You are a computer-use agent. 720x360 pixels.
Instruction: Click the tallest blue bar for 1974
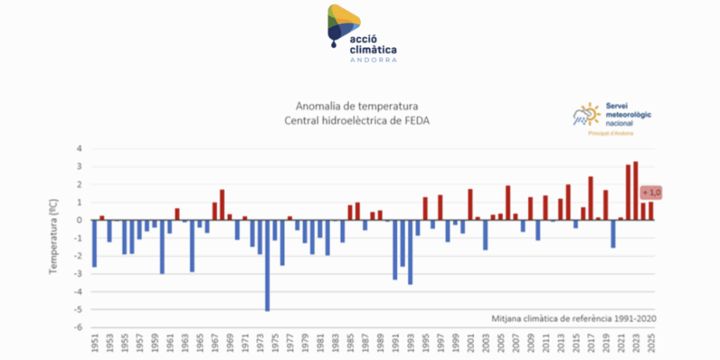click(x=267, y=265)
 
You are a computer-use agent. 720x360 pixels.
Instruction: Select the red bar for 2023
click(x=636, y=191)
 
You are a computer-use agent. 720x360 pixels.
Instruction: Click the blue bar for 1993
click(x=410, y=252)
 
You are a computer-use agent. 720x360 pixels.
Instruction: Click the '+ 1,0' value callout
click(x=652, y=193)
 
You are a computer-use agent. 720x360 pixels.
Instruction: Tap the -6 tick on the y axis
click(x=79, y=328)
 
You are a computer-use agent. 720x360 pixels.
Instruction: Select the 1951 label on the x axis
click(x=95, y=345)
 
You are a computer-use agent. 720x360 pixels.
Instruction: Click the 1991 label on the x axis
click(x=395, y=345)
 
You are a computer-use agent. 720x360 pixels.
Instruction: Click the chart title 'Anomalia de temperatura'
click(x=357, y=107)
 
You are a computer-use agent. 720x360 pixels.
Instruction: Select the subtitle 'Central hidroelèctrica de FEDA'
click(x=357, y=121)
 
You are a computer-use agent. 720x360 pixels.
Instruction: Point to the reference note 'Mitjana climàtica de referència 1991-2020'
click(x=574, y=318)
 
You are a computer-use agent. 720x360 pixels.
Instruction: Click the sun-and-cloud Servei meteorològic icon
click(x=586, y=114)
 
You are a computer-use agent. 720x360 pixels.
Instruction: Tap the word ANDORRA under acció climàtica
click(x=373, y=60)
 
